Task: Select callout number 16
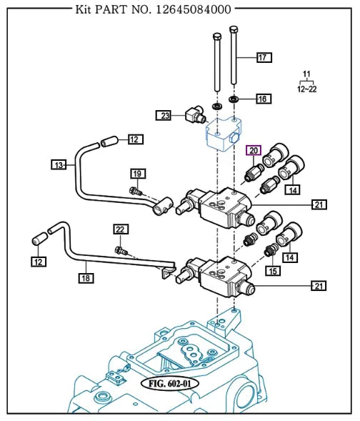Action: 262,99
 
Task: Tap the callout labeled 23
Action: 165,114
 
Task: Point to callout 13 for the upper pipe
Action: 59,165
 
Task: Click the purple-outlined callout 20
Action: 254,150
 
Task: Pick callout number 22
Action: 121,229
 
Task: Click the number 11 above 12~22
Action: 307,75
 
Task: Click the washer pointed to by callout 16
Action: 234,98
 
